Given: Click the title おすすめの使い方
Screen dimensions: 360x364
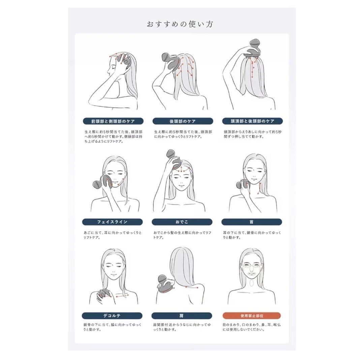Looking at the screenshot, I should tap(180, 24).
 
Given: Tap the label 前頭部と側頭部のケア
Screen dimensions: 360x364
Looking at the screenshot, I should tap(112, 121).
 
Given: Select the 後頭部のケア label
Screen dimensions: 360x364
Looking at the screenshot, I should tap(182, 121).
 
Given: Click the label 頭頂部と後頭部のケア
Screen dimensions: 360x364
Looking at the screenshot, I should tap(252, 121).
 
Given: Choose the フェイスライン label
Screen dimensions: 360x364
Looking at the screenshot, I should tap(112, 222).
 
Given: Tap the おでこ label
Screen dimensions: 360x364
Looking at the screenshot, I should tap(182, 222).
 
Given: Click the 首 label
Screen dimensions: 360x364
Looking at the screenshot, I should tap(252, 222).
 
